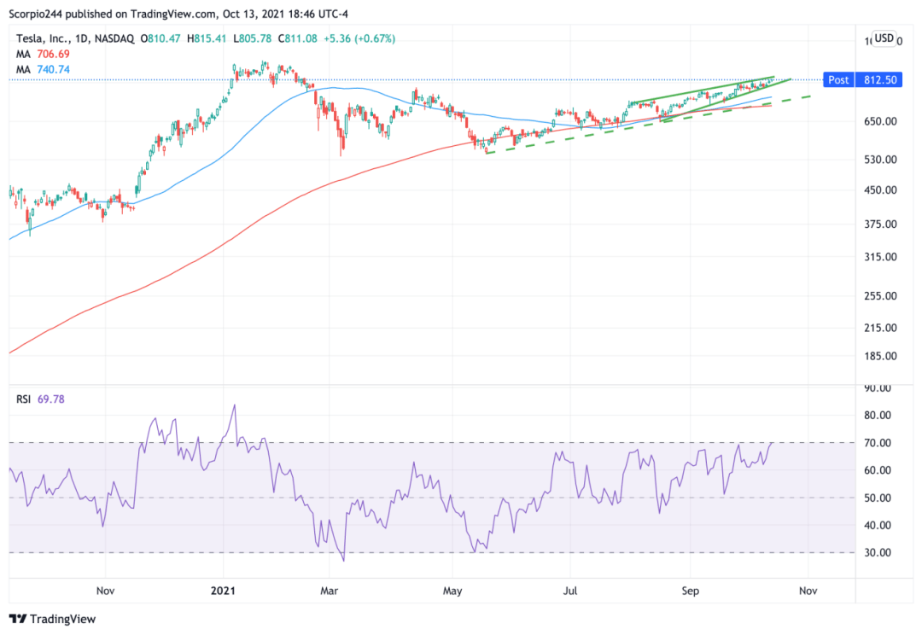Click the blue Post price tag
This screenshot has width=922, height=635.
point(838,79)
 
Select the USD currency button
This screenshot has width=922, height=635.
point(884,38)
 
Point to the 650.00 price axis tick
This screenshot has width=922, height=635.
point(879,121)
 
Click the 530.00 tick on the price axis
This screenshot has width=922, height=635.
point(879,160)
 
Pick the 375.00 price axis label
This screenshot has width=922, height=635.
point(879,224)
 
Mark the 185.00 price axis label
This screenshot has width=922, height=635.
point(879,357)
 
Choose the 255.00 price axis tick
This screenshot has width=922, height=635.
point(879,296)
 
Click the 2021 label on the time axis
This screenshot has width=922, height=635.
point(224,590)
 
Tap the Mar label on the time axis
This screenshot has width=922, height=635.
point(330,590)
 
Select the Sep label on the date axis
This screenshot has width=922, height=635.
point(691,590)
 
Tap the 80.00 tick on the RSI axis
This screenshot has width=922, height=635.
point(878,416)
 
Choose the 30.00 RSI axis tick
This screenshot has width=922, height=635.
point(878,553)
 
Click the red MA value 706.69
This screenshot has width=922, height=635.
point(52,54)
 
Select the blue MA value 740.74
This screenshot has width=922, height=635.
point(52,69)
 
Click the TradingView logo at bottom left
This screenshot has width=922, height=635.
point(53,619)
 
